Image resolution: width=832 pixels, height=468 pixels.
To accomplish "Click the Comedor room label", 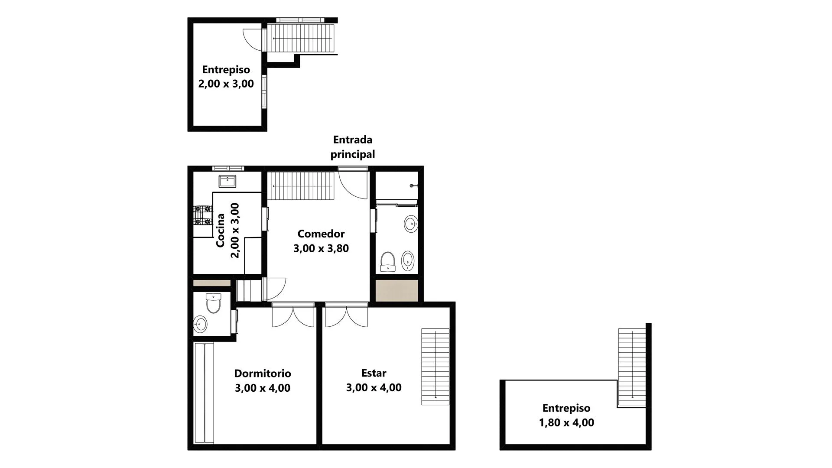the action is click(x=321, y=234).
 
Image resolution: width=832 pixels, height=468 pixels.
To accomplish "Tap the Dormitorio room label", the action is click(x=263, y=373).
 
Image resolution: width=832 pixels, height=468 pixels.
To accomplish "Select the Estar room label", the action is click(x=374, y=373).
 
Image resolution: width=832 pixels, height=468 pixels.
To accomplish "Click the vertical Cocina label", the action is click(x=221, y=231).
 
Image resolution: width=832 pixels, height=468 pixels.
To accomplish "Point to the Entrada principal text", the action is click(x=353, y=147).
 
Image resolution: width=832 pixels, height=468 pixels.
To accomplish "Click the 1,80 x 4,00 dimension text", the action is click(x=566, y=422).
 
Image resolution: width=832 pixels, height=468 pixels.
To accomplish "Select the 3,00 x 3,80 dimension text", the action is click(x=321, y=248).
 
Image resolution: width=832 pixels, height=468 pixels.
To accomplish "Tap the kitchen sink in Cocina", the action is click(x=227, y=181).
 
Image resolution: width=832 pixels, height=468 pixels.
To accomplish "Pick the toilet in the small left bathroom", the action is click(x=213, y=303).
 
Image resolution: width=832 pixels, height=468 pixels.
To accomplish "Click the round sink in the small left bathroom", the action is click(x=200, y=323).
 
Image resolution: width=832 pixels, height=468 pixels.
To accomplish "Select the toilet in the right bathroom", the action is click(x=387, y=261).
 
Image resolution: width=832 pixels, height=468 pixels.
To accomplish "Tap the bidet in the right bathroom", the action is click(x=408, y=261).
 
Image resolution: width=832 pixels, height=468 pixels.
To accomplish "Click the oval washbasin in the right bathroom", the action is click(x=411, y=224).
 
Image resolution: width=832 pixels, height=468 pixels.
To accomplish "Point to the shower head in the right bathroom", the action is click(x=412, y=186).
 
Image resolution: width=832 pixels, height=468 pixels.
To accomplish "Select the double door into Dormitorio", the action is click(x=293, y=316).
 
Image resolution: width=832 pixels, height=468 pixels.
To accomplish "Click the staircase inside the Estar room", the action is click(x=435, y=367).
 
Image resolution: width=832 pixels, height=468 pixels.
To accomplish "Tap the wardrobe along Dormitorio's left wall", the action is click(x=204, y=393).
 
